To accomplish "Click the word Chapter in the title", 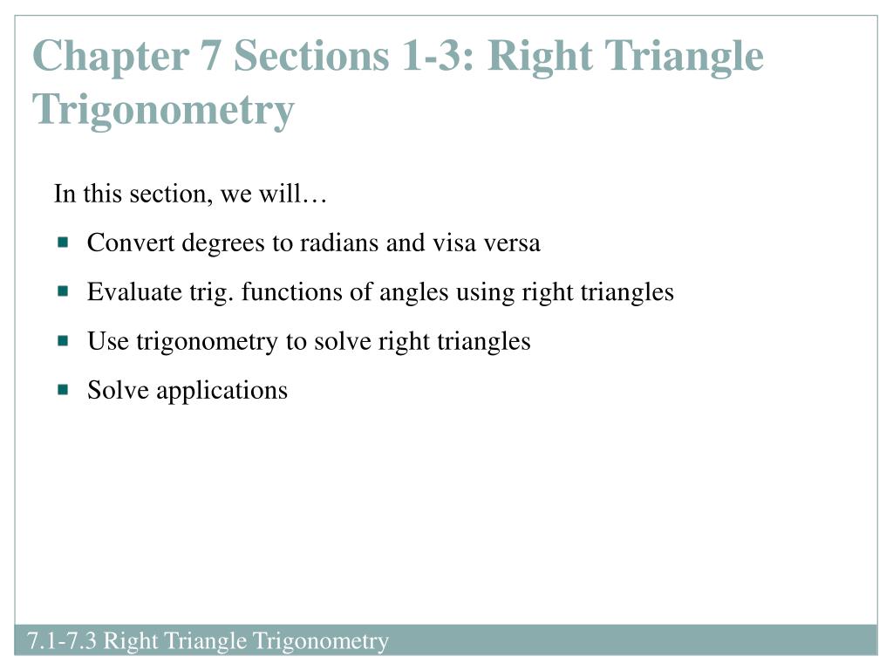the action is click(x=111, y=56).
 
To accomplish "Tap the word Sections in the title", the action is click(x=311, y=56).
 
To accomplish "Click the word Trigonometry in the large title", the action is click(x=163, y=109).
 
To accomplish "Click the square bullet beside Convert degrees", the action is click(x=63, y=243).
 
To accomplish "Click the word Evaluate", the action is click(x=134, y=291).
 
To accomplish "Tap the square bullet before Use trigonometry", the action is click(x=63, y=341).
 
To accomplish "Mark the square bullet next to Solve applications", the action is click(x=63, y=390).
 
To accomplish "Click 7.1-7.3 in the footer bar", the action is click(x=62, y=640).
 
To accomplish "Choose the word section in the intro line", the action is click(x=167, y=194).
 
